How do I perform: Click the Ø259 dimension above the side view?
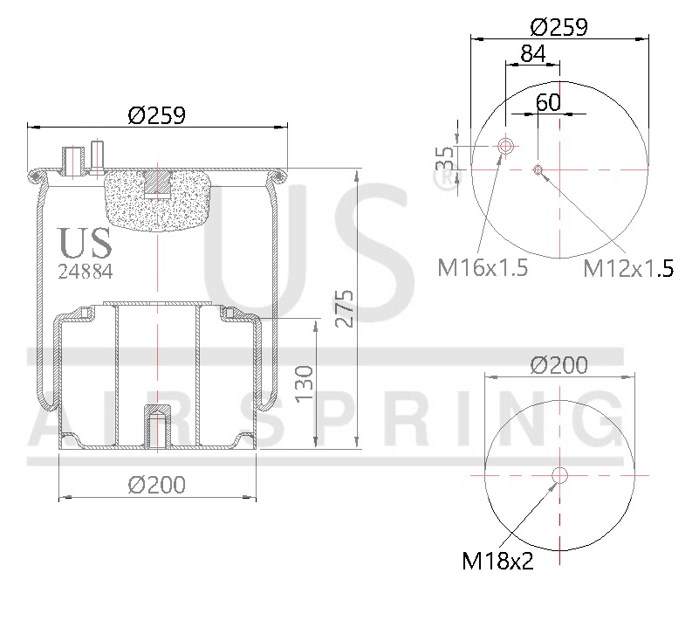157,114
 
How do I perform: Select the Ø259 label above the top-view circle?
559,26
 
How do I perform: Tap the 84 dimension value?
533,53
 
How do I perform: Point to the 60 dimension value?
548,101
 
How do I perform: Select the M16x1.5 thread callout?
483,267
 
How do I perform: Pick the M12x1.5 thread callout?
628,268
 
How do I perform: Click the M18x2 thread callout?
497,560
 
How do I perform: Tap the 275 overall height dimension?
345,307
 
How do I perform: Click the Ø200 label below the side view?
157,485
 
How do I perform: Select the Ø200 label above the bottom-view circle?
559,364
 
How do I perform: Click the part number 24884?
85,270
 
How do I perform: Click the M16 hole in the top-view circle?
505,147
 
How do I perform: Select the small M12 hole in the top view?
538,169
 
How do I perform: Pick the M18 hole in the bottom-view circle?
559,475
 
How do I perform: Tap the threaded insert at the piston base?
157,425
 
